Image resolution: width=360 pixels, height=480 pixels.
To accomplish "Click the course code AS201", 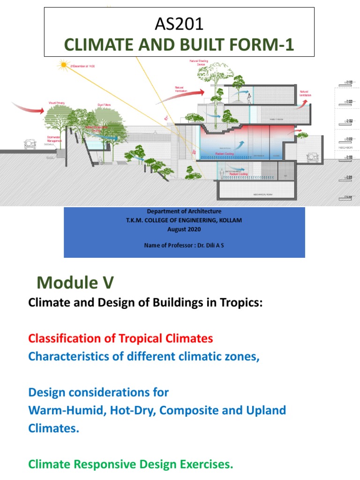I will pos(179,24).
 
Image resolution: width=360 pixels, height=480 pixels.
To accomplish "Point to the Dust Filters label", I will pos(104,105).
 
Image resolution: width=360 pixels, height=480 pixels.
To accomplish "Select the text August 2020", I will pos(184,229).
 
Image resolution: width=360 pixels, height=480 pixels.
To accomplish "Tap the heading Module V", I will pos(75,283).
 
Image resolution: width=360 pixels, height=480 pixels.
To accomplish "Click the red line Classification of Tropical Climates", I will pos(120,338).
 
